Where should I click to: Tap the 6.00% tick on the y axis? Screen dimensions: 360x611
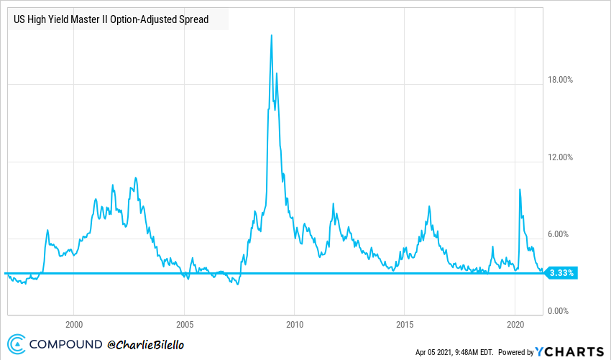[560, 234]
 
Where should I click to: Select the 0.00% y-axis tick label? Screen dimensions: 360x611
[560, 311]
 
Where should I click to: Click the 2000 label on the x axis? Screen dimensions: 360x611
[74, 323]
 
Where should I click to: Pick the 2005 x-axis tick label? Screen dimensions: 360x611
[185, 323]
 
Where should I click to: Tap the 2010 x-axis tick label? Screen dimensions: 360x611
[295, 323]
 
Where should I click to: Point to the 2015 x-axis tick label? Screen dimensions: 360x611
[405, 323]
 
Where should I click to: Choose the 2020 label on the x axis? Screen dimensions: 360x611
[515, 323]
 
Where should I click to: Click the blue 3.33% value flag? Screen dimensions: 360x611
[561, 273]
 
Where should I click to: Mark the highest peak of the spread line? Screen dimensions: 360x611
[271, 35]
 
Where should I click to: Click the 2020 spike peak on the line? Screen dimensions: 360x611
[520, 189]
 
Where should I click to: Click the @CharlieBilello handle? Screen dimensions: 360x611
[147, 346]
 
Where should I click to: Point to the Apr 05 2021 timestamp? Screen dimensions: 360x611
[454, 352]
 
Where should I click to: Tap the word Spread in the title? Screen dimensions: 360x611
[193, 19]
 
